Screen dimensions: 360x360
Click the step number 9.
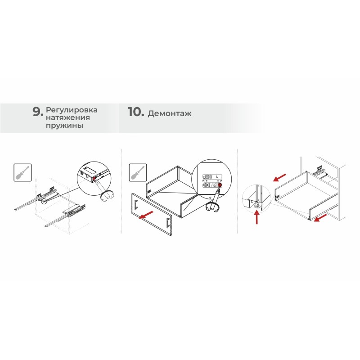point(38,112)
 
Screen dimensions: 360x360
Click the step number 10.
point(136,112)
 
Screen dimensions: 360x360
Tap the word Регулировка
point(72,110)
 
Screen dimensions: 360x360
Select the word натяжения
point(68,117)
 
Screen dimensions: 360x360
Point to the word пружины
point(64,126)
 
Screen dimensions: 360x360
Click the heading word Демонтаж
point(170,113)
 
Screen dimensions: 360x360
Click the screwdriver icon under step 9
point(22,173)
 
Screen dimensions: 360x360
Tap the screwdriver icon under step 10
point(138,173)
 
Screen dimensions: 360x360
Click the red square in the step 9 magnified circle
point(94,178)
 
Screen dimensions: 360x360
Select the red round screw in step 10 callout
point(220,185)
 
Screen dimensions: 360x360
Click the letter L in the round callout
point(217,177)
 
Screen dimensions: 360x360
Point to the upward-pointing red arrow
point(256,218)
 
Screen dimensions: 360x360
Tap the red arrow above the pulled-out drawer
point(279,177)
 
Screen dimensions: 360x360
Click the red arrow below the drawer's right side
point(320,218)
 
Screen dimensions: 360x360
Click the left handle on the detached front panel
point(136,204)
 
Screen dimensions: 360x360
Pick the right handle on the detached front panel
point(168,223)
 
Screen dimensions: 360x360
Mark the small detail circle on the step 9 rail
point(44,201)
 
